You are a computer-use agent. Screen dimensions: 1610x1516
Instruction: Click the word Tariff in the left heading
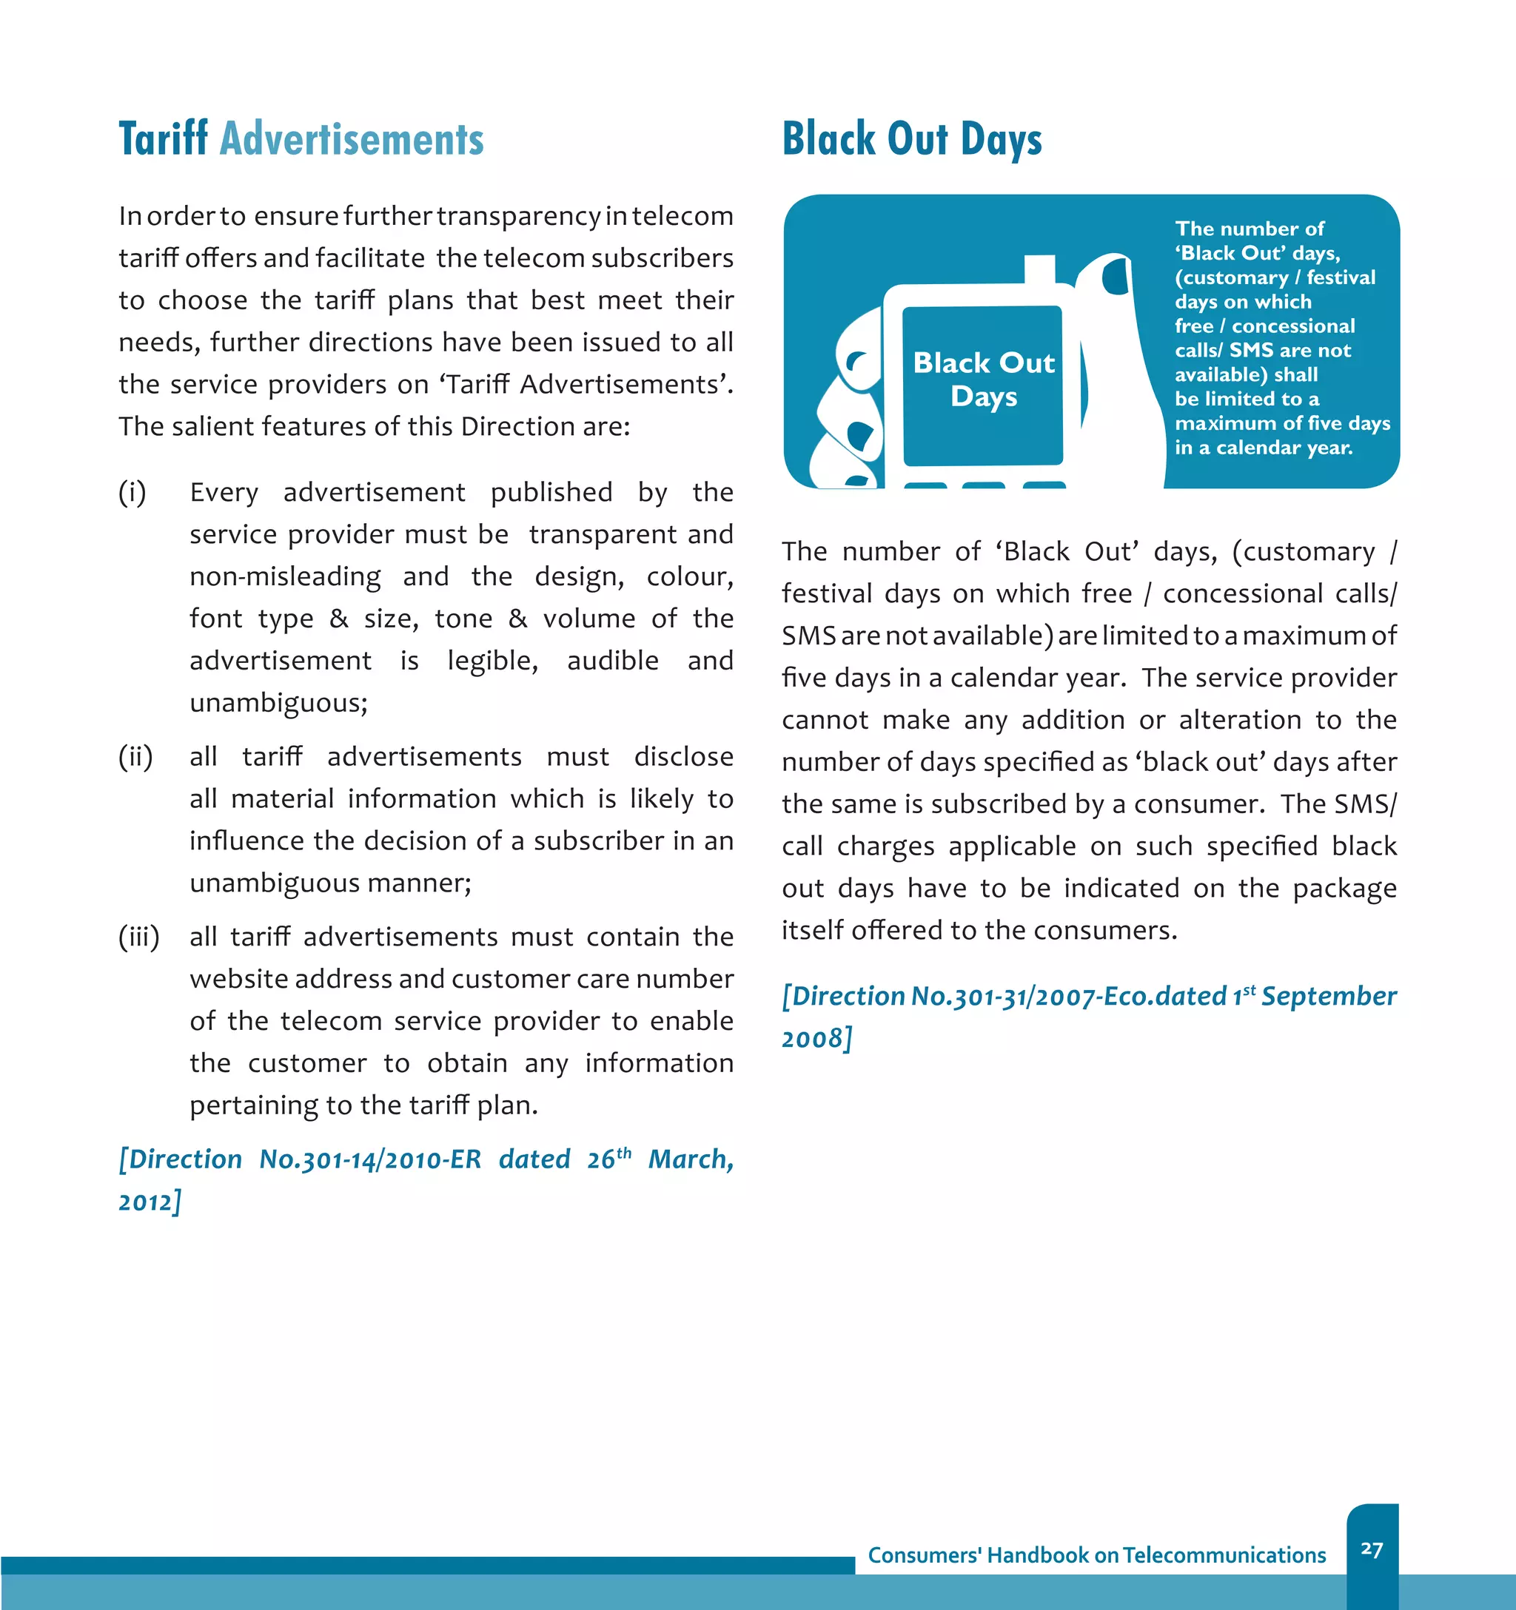[163, 138]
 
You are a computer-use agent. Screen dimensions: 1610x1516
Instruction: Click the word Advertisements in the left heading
[352, 138]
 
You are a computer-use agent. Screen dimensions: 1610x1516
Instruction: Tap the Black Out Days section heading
[911, 138]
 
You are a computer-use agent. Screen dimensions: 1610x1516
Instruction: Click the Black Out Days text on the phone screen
[984, 379]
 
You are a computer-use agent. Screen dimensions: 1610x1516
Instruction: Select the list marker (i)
[132, 492]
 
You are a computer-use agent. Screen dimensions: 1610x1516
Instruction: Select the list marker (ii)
[135, 756]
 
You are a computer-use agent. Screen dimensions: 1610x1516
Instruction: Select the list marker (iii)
[138, 937]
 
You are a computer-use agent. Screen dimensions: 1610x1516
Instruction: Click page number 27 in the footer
[1372, 1549]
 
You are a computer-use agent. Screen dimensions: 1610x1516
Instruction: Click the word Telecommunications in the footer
[1224, 1555]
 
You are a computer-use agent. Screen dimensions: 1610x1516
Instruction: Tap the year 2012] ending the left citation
[150, 1201]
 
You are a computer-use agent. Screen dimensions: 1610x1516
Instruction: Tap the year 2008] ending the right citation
[816, 1037]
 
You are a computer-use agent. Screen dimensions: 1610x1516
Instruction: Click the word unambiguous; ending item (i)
[279, 703]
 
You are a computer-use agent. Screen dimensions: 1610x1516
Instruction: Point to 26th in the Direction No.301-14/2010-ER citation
[608, 1158]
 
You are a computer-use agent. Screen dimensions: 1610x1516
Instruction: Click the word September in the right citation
[1329, 995]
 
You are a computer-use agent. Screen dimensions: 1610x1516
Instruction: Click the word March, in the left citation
[691, 1159]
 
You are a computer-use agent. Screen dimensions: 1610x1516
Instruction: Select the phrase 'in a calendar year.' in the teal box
[1263, 447]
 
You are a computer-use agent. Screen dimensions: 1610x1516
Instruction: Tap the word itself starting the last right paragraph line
[812, 930]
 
